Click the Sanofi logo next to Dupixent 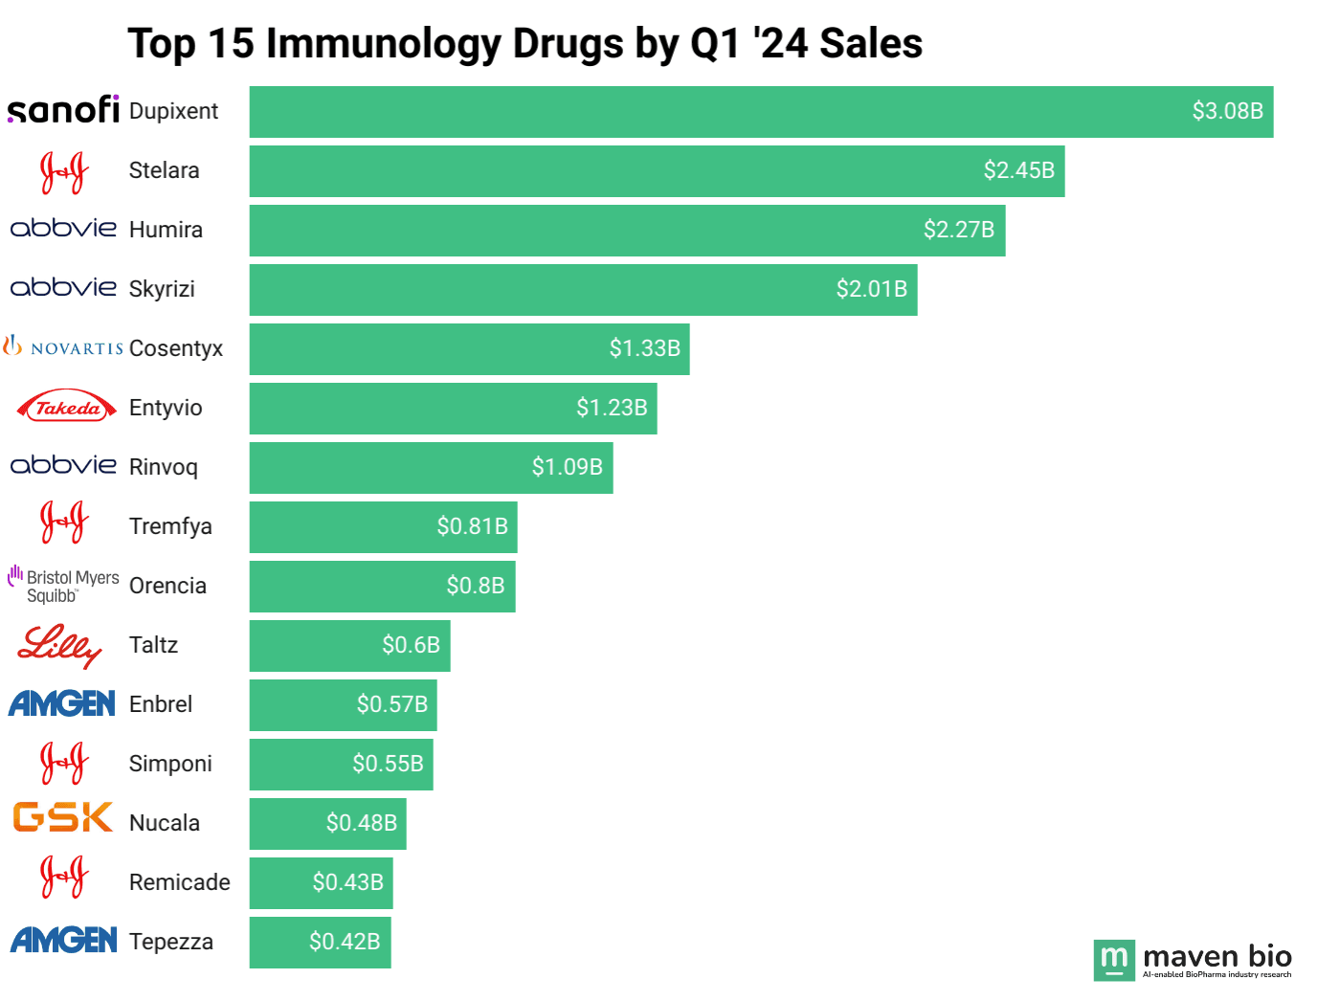[x=63, y=110]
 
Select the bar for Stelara [x=657, y=171]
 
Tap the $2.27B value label [x=958, y=230]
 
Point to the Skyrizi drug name [x=162, y=289]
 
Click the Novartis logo [x=63, y=346]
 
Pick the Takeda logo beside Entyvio [x=65, y=408]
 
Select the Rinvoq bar [x=431, y=468]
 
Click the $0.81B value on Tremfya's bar [x=472, y=526]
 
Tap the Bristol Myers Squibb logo [x=63, y=585]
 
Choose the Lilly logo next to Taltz [x=59, y=646]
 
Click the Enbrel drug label [x=161, y=704]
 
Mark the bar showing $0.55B [x=341, y=765]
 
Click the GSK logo [x=63, y=817]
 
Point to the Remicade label [x=179, y=882]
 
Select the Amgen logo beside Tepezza [x=63, y=940]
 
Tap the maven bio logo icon [x=1114, y=960]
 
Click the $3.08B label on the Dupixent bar [x=1227, y=111]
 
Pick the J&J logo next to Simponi [x=63, y=763]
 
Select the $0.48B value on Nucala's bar [x=361, y=823]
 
